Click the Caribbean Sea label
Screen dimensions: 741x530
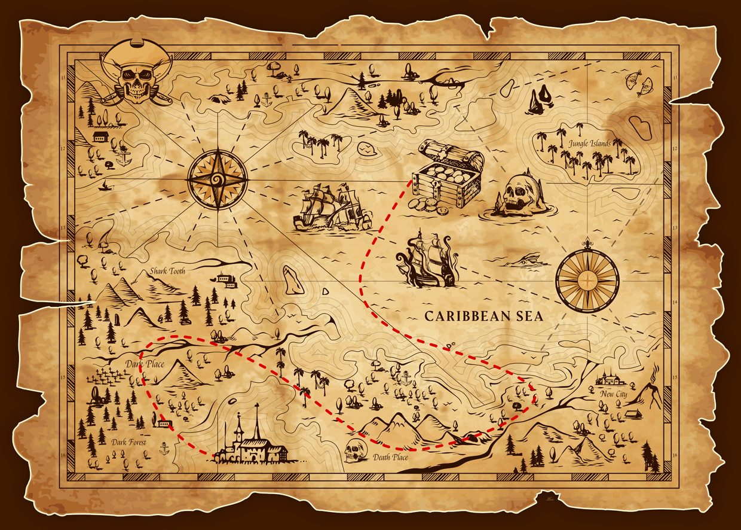(483, 316)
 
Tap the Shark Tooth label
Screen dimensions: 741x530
(167, 271)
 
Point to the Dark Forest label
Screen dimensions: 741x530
(128, 442)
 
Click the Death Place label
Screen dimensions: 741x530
(390, 458)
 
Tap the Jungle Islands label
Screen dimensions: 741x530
(590, 144)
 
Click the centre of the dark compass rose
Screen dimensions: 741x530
(218, 178)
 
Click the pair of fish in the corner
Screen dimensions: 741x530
(638, 83)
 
